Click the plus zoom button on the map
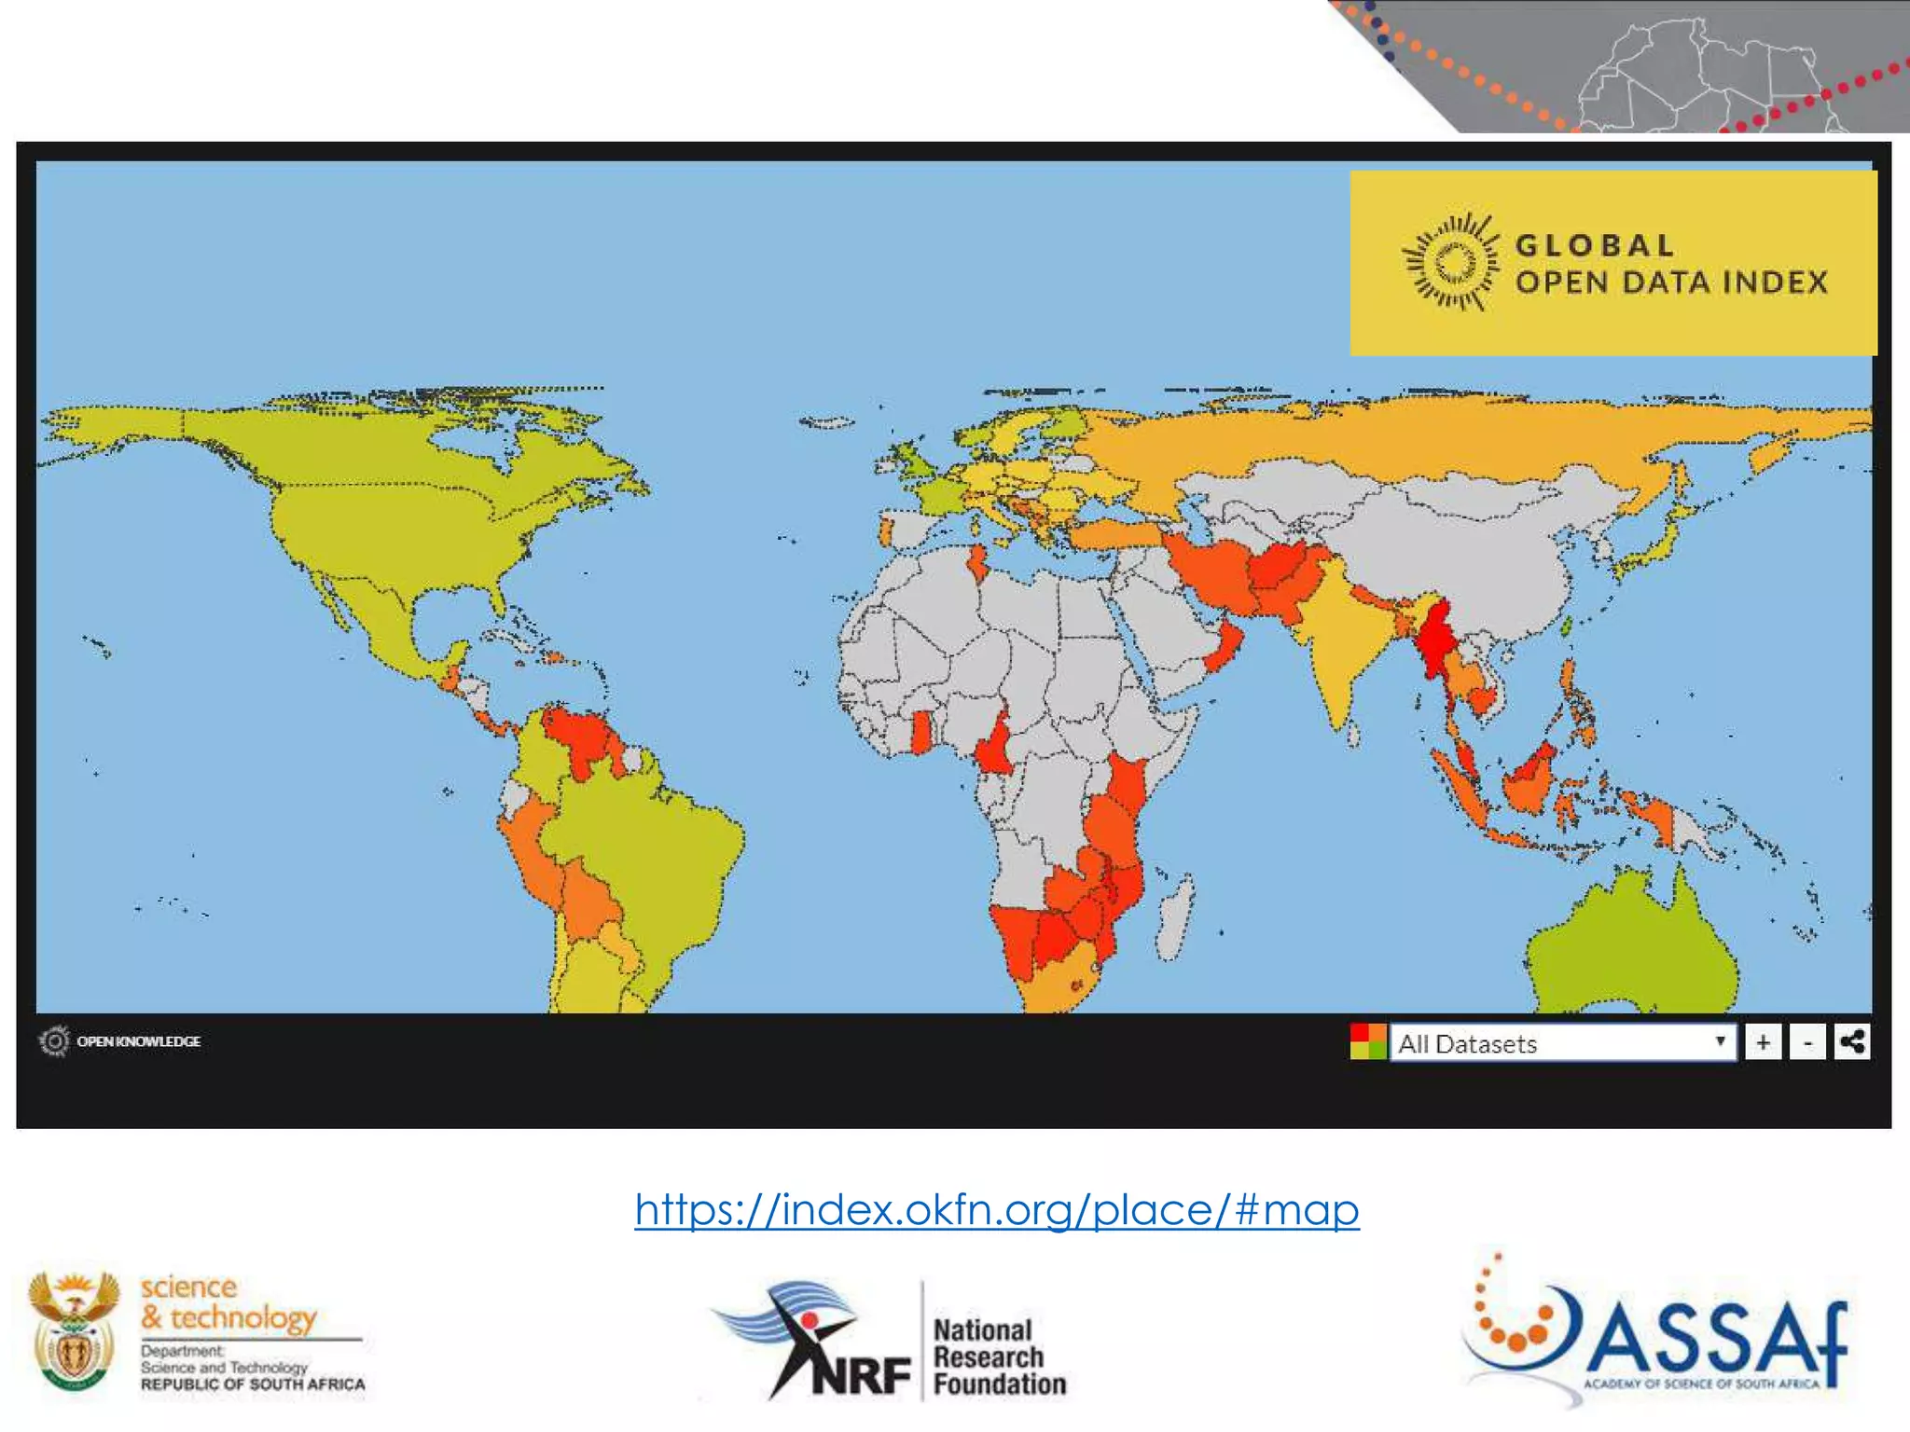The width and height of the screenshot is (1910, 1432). (1763, 1041)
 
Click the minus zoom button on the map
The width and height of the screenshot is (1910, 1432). (1807, 1041)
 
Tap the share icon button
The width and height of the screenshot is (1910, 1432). (1851, 1041)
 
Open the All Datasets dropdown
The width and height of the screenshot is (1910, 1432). (1562, 1042)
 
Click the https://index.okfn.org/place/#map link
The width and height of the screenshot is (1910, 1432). (996, 1209)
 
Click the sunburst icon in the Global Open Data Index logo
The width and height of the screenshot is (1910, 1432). (1452, 262)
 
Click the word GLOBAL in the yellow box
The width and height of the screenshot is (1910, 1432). (1594, 245)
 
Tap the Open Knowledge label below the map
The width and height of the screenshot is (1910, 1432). (138, 1040)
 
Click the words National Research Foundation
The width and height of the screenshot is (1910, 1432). (998, 1356)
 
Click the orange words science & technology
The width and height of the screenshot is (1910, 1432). (228, 1302)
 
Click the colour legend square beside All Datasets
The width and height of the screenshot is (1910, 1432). (1367, 1041)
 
